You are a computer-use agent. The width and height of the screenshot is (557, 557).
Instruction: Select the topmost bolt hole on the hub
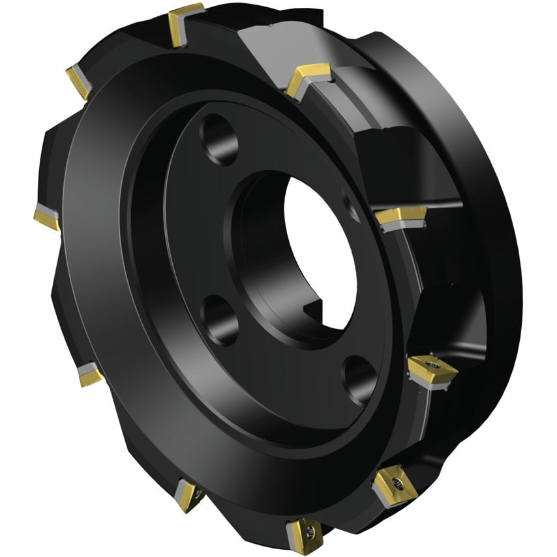[x=219, y=139]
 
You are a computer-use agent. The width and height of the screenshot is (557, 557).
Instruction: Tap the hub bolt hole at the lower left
[x=218, y=318]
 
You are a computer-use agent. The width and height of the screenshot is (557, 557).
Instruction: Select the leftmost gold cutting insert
[x=46, y=218]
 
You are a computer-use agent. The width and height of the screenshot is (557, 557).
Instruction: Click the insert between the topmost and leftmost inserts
[x=78, y=82]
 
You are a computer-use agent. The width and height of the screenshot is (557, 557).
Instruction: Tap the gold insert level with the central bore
[x=400, y=216]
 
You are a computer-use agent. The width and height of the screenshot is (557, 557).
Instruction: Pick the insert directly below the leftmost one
[x=89, y=374]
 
